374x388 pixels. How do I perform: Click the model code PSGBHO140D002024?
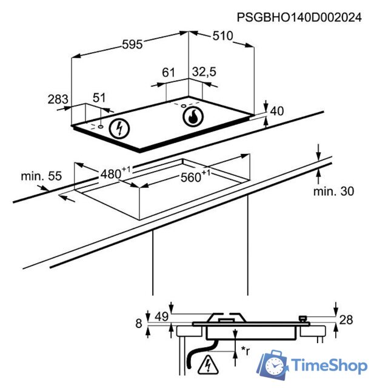click(299, 18)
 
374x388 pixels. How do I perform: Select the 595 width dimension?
click(132, 44)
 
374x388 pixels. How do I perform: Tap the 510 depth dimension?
click(222, 36)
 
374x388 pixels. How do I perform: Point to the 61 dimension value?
click(169, 73)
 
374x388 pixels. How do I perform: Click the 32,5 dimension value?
click(204, 72)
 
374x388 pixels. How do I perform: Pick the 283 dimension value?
click(58, 99)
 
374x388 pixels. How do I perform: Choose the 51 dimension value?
click(99, 98)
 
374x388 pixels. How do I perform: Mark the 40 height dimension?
click(277, 111)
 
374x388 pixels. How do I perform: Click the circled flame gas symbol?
click(193, 116)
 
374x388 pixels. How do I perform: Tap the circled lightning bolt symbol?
click(120, 128)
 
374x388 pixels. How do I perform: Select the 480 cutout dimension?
click(115, 173)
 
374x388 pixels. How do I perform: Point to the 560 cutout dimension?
click(195, 176)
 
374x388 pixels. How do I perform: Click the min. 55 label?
click(41, 176)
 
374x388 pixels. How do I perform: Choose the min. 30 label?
click(333, 192)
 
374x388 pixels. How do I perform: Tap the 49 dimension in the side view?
click(162, 316)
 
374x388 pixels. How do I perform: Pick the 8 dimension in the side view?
click(139, 323)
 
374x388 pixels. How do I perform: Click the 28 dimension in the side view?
click(346, 320)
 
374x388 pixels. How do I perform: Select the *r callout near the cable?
click(245, 350)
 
